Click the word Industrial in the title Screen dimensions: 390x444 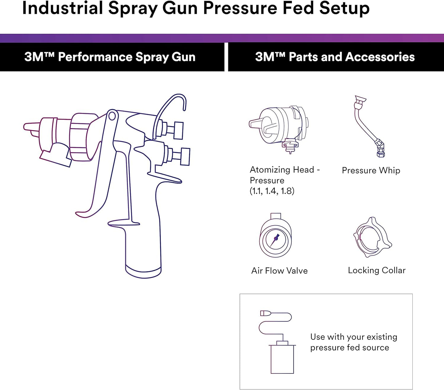(x=62, y=8)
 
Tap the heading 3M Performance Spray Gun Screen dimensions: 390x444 (x=110, y=57)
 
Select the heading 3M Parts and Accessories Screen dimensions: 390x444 (x=335, y=57)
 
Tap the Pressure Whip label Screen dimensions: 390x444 (x=371, y=171)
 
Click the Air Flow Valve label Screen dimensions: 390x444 (x=279, y=271)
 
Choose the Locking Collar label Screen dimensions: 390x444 (x=376, y=270)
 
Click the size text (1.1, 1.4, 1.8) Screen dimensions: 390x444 (x=272, y=191)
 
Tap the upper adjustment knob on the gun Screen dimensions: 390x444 (x=178, y=130)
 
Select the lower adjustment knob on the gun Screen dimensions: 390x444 (x=185, y=156)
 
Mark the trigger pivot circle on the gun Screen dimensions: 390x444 (x=112, y=116)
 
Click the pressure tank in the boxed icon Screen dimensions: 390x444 (x=282, y=358)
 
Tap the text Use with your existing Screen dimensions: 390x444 (x=353, y=337)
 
